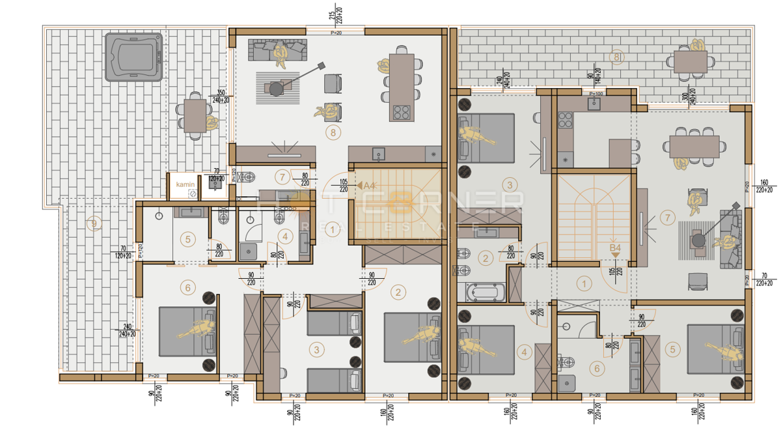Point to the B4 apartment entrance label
click(614, 248)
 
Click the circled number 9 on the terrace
click(95, 224)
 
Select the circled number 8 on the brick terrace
click(616, 57)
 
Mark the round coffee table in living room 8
click(277, 87)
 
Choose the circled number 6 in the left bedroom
click(188, 287)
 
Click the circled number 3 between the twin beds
click(316, 350)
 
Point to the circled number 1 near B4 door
click(584, 283)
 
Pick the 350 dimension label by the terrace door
click(221, 93)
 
